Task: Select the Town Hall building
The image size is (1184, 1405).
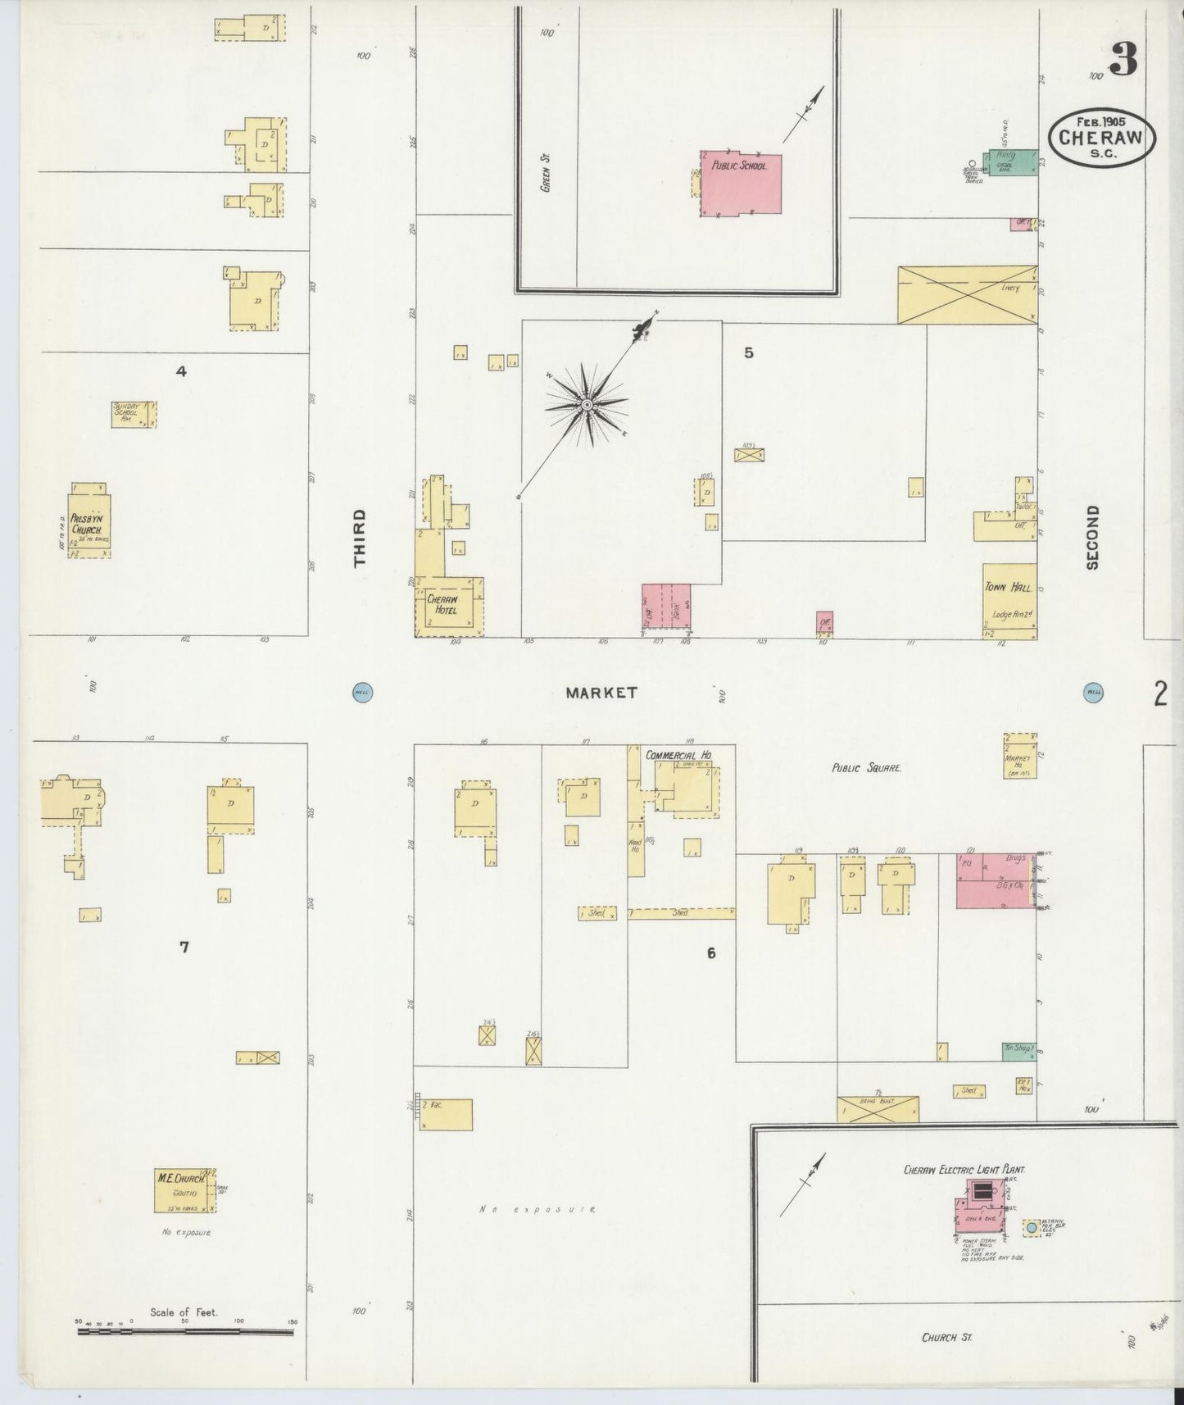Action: click(x=1009, y=601)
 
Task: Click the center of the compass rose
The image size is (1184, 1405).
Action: click(x=587, y=405)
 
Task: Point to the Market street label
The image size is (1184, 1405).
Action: click(x=601, y=693)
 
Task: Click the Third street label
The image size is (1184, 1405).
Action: click(x=359, y=538)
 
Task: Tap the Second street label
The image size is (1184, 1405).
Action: click(x=1091, y=537)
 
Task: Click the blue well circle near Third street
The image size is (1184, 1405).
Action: click(x=361, y=691)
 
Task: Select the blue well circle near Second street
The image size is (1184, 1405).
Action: click(x=1092, y=691)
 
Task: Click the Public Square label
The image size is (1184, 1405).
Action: click(x=866, y=769)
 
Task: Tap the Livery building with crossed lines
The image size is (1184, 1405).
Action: click(x=967, y=294)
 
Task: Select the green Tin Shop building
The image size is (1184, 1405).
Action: click(x=1018, y=1051)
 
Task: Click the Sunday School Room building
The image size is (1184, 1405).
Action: click(x=134, y=414)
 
